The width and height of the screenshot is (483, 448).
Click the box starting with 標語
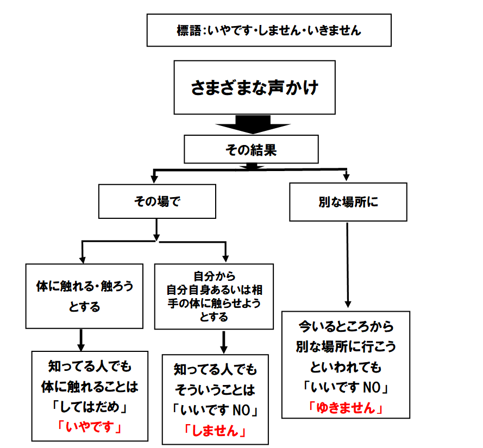269,30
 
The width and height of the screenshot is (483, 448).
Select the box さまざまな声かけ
254,87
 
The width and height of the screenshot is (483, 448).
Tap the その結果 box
251,149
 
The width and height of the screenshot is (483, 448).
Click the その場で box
157,201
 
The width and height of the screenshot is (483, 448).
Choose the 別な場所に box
348,202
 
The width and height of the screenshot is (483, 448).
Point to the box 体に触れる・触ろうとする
84,296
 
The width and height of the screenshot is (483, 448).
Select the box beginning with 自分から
214,296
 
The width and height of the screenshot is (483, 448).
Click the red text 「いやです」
89,427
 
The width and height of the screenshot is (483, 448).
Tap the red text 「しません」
215,431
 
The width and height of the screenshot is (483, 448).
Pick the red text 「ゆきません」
346,407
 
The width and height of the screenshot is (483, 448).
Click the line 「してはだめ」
89,407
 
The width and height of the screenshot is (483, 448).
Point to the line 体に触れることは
89,387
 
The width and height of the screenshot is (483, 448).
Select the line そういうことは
215,390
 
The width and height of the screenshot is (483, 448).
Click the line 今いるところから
346,327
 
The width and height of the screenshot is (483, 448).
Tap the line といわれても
346,367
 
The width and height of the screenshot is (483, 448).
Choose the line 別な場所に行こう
346,347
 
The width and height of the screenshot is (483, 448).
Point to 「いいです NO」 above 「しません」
215,411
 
